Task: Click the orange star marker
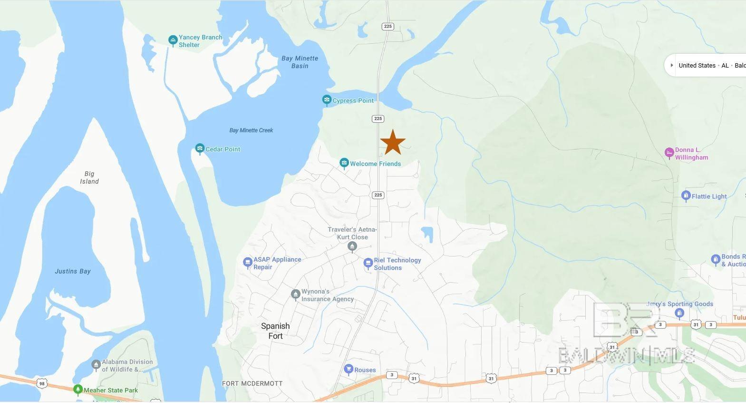(393, 142)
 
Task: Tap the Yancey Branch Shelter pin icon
(173, 40)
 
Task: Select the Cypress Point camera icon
(327, 100)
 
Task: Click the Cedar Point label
(223, 149)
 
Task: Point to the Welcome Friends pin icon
(344, 163)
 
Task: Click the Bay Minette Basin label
(300, 62)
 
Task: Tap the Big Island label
(89, 177)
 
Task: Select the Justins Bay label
(72, 271)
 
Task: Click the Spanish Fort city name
(275, 331)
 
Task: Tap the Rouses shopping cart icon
(349, 369)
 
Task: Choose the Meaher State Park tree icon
(78, 390)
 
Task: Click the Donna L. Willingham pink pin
(669, 153)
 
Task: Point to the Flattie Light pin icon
(686, 196)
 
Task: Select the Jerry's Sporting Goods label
(679, 304)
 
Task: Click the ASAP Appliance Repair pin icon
(247, 262)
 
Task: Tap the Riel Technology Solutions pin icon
(368, 263)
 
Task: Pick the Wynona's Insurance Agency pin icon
(295, 295)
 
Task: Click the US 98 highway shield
(42, 383)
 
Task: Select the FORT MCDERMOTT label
(252, 383)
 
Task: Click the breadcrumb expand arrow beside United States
(671, 65)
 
